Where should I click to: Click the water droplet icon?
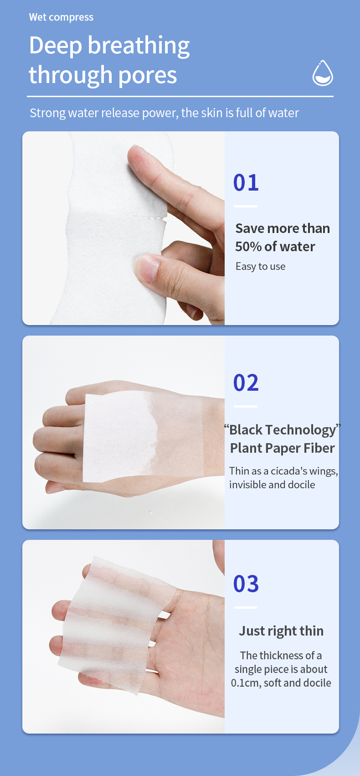point(323,73)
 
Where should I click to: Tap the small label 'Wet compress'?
point(61,17)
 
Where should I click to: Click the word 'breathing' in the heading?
point(139,46)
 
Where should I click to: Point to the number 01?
point(246,182)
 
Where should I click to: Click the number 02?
point(246,383)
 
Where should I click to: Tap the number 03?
point(246,584)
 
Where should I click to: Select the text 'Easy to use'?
point(261,266)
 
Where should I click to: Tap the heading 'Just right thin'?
point(281,631)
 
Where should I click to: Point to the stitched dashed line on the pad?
point(145,217)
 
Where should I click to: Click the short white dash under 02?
point(246,406)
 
